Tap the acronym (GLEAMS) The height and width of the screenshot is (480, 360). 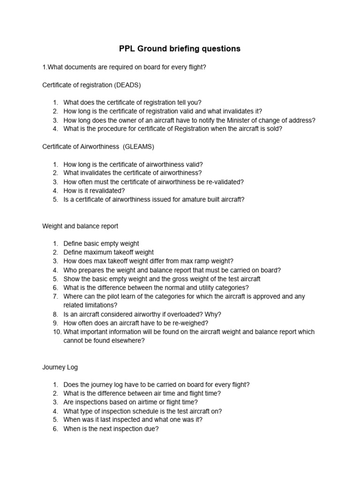click(x=138, y=147)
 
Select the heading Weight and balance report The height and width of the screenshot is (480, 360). click(x=80, y=226)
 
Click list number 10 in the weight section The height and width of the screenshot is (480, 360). click(x=55, y=332)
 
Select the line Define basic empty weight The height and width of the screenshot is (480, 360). click(x=101, y=244)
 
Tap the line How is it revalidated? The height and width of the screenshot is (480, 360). click(x=94, y=191)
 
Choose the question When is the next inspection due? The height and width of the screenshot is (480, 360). click(x=111, y=428)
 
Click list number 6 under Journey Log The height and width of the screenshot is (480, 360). click(x=55, y=428)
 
